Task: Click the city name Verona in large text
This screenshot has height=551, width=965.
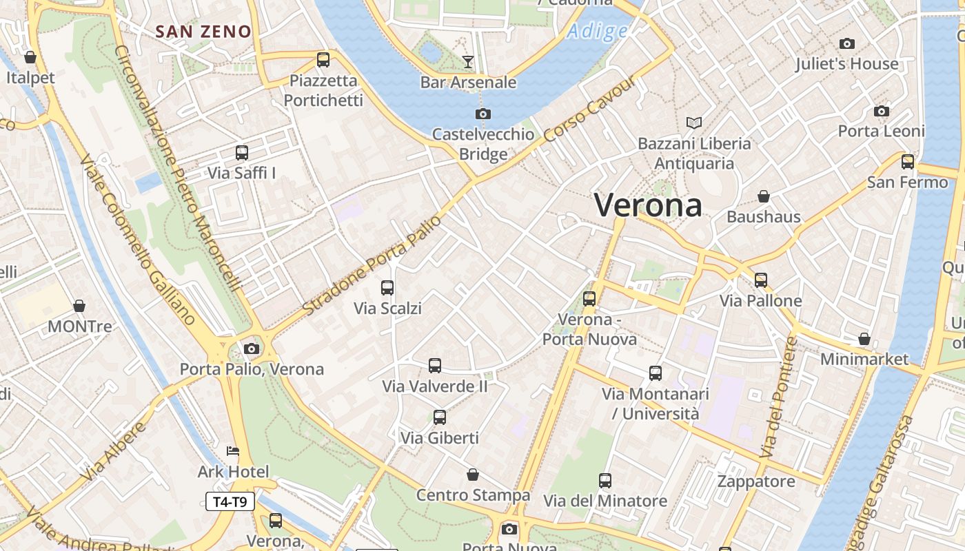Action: [x=648, y=205]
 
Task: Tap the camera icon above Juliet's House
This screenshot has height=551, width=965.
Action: [x=847, y=44]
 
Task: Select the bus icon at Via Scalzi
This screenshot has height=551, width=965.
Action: [x=387, y=288]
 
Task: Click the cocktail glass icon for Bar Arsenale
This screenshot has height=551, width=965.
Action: [x=468, y=62]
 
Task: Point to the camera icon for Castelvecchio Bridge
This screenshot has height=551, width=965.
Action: [x=483, y=114]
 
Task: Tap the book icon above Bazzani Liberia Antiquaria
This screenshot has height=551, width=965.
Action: [x=694, y=123]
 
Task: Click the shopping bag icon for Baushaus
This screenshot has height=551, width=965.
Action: [x=764, y=197]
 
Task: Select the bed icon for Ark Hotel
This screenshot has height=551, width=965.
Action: [x=233, y=451]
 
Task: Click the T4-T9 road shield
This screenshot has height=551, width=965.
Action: [x=230, y=501]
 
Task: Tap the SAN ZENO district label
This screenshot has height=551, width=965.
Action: [x=203, y=32]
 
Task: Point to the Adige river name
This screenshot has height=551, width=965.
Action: [x=598, y=31]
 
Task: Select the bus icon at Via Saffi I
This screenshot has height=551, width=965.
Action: [x=242, y=153]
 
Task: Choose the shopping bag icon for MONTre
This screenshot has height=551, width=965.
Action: [x=79, y=306]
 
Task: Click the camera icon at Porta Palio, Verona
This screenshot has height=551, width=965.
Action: [x=252, y=349]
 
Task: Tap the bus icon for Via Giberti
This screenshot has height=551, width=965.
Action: [x=440, y=417]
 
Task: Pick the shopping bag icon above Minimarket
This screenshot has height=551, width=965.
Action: [x=864, y=339]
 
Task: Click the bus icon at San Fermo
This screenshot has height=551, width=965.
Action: [x=908, y=162]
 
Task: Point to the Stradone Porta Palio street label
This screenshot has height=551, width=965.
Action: [x=372, y=266]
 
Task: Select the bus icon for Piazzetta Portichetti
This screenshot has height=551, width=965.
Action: [x=323, y=60]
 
